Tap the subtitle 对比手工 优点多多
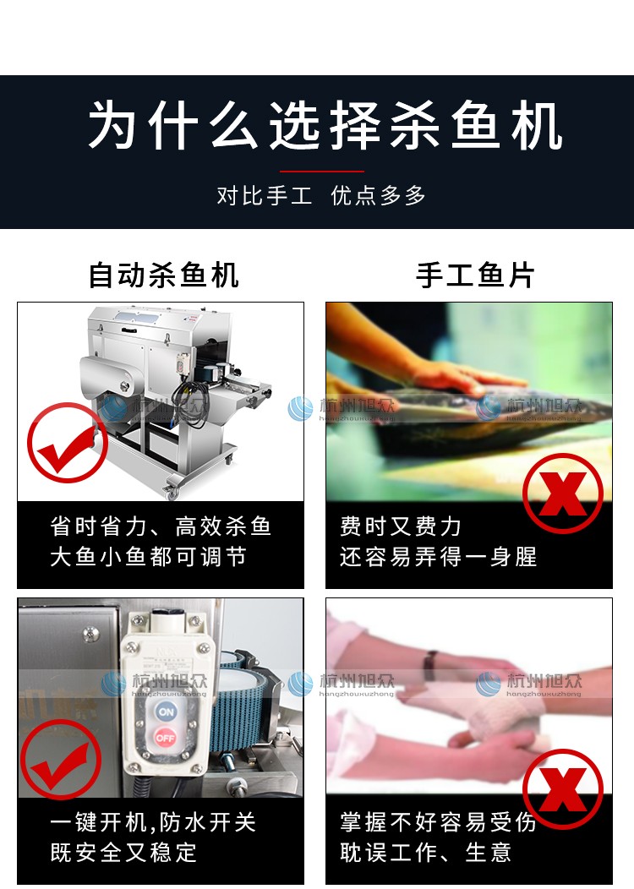(321, 196)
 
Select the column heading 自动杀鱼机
(164, 275)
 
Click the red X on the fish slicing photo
(562, 493)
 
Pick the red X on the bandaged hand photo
(562, 788)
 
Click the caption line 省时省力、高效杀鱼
(161, 526)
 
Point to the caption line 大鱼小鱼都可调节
(149, 558)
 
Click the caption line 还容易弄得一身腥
(439, 558)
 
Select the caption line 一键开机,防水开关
(153, 822)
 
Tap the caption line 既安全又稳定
(123, 853)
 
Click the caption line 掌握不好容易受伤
(439, 822)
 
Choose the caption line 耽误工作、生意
(426, 853)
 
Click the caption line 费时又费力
(401, 526)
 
